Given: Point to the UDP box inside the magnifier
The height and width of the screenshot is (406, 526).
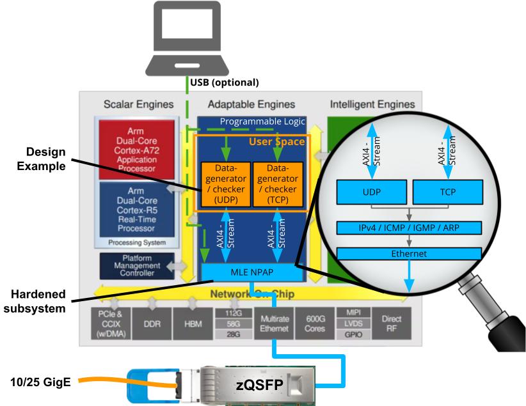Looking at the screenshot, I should point(371,191).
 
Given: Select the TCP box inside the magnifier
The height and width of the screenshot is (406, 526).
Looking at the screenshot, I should point(447,191).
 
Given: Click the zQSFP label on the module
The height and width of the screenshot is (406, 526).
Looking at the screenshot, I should point(258,384).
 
